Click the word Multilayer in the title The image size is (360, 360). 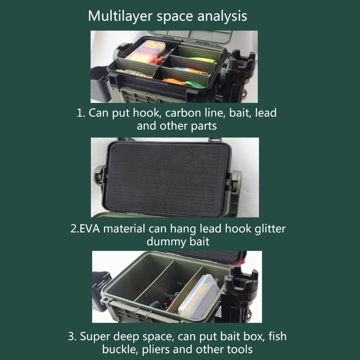(120, 17)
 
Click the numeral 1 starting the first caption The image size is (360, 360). (80, 113)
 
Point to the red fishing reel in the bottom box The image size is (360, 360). (169, 303)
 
